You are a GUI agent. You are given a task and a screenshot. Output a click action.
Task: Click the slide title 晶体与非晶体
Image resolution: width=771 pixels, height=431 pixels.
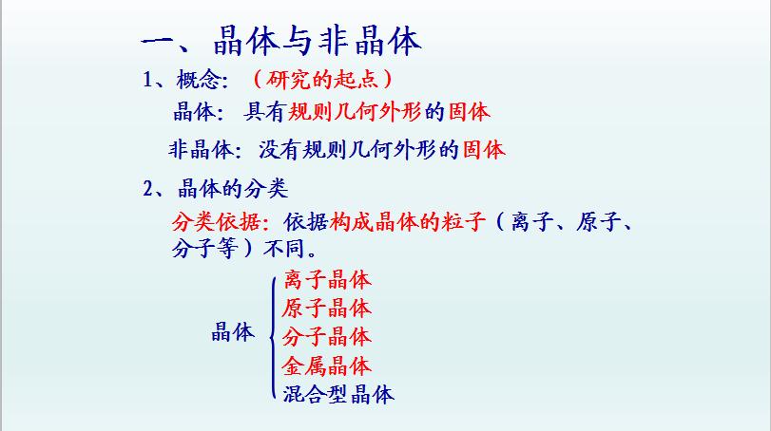(318, 41)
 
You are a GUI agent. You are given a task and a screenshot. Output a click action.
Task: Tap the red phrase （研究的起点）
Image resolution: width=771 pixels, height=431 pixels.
(322, 79)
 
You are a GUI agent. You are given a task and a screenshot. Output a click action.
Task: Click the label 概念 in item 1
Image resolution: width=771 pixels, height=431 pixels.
(198, 80)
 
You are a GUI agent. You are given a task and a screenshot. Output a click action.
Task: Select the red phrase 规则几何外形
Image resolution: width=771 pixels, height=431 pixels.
(354, 112)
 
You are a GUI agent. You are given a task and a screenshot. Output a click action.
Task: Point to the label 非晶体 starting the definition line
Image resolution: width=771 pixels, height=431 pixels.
(201, 150)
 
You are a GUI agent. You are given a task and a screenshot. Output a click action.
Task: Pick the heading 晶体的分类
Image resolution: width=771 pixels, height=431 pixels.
(233, 189)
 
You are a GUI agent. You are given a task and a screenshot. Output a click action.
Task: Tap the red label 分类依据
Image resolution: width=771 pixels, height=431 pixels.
(217, 222)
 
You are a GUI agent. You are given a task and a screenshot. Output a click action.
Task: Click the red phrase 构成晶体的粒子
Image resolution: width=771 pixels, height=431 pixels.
(408, 222)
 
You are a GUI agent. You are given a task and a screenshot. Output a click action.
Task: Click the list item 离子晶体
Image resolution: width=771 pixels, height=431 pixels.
(327, 280)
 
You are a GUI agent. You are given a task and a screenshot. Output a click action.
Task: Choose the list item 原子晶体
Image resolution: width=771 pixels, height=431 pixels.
(327, 309)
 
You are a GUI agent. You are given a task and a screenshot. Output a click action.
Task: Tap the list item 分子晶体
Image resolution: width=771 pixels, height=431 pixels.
(327, 337)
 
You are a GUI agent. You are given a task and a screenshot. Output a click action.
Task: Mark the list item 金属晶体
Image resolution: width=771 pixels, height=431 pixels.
(327, 365)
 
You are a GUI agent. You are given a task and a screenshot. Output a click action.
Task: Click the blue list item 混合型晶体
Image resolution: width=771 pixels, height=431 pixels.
(338, 394)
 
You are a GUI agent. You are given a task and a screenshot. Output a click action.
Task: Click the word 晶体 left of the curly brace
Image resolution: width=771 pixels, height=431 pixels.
(233, 332)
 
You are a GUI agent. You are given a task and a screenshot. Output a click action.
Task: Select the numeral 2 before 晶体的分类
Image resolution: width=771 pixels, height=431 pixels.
(148, 189)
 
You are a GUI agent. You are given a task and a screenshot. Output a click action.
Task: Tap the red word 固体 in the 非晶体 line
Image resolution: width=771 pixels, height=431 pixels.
(484, 150)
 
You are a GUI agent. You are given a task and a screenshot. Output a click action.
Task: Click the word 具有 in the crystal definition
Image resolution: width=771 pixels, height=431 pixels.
(264, 112)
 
